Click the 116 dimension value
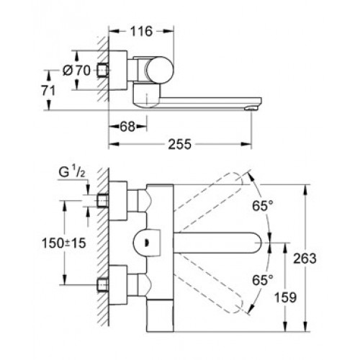pos(141,31)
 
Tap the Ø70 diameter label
pos(76,71)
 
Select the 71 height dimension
pos(48,91)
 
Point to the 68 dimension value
pos(127,127)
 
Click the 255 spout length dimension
pos(179,144)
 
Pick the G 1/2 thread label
pos(72,172)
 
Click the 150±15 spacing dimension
pos(64,243)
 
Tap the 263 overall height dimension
pos(305,258)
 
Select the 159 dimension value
pos(285,297)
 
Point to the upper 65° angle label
pos(263,206)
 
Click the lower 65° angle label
pos(263,279)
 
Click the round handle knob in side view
pos(160,71)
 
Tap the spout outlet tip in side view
pos(251,109)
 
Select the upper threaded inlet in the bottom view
pos(103,201)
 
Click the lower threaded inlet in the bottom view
pos(103,285)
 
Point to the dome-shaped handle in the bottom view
pos(147,243)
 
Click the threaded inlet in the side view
pos(103,71)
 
